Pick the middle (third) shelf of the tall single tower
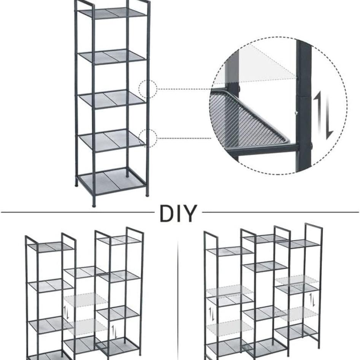(112, 98)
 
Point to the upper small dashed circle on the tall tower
(147, 89)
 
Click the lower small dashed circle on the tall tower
(148, 138)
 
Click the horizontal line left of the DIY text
(76, 212)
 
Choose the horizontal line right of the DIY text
(281, 212)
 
